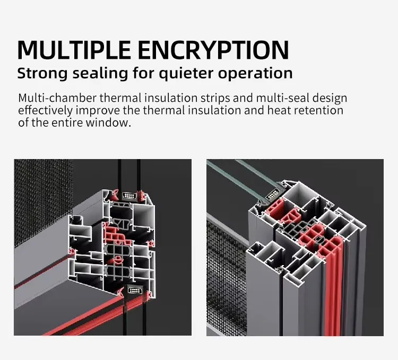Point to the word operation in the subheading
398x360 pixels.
[x=255, y=74]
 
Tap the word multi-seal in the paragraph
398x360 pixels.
[x=282, y=98]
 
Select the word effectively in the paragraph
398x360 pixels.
[x=46, y=110]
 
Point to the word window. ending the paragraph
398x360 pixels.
[x=108, y=122]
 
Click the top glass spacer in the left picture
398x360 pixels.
[x=129, y=196]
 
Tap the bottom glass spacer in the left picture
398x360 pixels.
[x=134, y=291]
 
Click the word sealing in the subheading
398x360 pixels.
[x=100, y=74]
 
